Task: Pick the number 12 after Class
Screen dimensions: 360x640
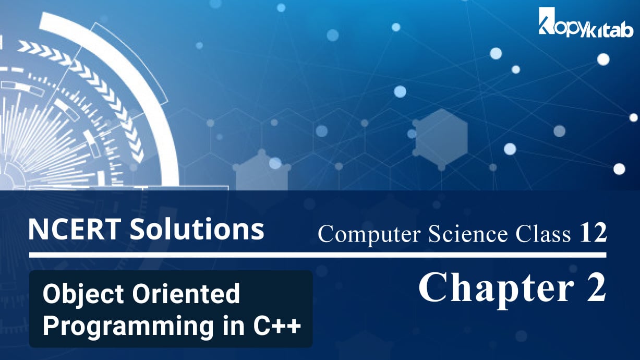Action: [x=593, y=234]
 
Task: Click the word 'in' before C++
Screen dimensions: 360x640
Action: [x=225, y=326]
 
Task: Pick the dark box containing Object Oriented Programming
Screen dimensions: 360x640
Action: [x=171, y=309]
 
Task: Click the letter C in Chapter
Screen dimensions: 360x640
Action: [x=432, y=289]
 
